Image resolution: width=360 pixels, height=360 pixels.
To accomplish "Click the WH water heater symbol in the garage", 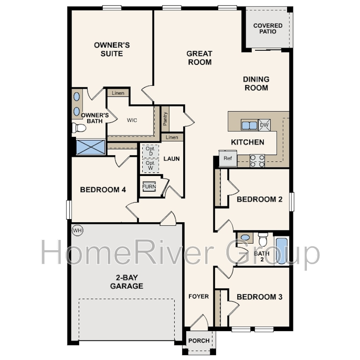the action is (77, 230).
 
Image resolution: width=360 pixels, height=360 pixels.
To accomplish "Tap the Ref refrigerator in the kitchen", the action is (228, 158).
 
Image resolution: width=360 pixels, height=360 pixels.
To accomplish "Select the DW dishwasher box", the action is (264, 125).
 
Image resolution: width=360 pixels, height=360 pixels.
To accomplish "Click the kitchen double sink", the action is (249, 126).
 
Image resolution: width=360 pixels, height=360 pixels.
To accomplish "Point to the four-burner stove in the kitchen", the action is (257, 161).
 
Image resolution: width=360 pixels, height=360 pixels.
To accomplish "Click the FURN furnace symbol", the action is (149, 186).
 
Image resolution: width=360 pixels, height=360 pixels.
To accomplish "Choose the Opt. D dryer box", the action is (150, 151).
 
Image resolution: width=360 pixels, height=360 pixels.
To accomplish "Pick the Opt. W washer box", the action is (150, 166).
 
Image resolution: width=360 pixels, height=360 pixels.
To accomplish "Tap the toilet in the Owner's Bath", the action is (79, 128).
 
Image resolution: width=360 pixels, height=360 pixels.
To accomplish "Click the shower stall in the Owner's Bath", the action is (90, 147).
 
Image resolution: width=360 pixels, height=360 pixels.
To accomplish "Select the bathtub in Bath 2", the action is (282, 251).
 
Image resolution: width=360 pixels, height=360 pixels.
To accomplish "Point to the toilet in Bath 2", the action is (263, 239).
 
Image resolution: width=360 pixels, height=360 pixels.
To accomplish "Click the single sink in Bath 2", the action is (245, 238).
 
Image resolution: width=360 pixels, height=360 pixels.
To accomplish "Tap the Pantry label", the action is (165, 119).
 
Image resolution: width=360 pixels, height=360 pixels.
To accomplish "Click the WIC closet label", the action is (132, 120).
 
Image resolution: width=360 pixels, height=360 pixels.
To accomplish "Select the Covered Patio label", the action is (268, 28).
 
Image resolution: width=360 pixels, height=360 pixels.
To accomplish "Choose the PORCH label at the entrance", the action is (199, 341).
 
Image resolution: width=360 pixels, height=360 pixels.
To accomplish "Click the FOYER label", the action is (198, 297).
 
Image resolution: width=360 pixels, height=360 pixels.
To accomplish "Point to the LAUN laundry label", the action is (171, 159).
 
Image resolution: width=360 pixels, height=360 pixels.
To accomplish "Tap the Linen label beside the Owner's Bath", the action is (118, 93).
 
